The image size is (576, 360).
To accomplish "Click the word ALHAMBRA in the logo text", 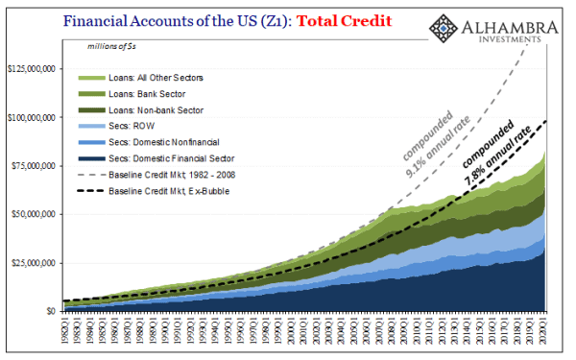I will [515, 21].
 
